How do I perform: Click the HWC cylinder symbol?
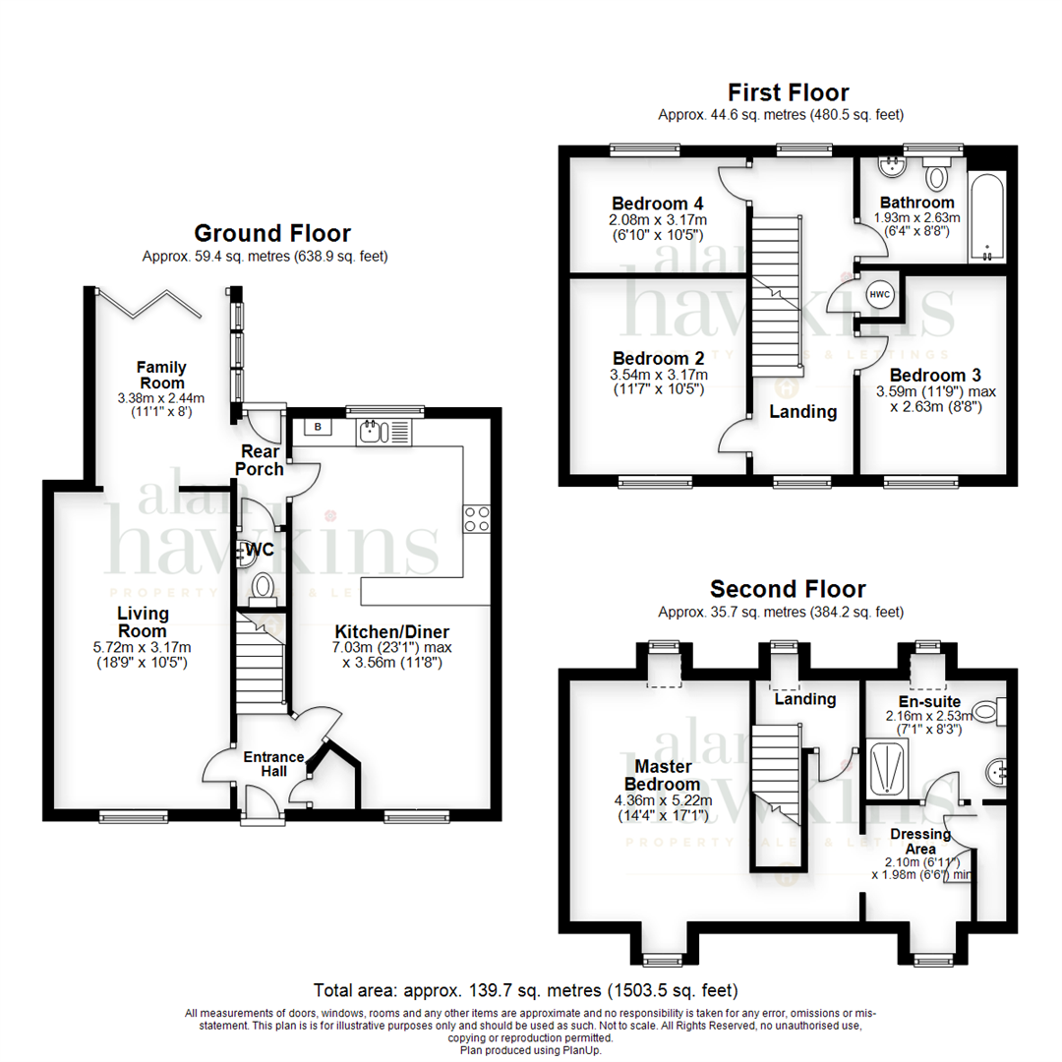879,294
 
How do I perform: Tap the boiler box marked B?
318,427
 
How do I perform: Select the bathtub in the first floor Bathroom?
987,216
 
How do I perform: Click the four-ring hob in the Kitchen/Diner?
476,519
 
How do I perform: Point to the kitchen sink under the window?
383,432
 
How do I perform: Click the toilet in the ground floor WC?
263,588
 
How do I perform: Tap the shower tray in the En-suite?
887,767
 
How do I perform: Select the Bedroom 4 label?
657,204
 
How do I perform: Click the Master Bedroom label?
663,776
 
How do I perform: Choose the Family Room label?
161,375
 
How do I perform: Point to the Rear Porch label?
260,460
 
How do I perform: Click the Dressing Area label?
920,841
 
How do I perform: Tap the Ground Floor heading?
272,233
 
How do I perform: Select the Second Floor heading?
788,589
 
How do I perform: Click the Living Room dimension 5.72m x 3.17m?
143,647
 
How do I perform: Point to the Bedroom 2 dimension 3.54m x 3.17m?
658,375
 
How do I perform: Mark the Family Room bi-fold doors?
149,304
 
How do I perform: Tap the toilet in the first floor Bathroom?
937,174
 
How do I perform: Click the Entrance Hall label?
273,764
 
